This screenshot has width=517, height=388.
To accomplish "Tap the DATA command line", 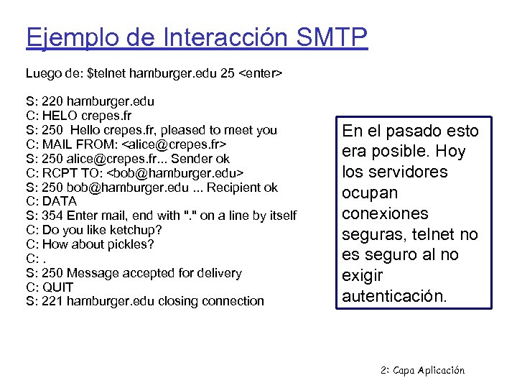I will [59, 202].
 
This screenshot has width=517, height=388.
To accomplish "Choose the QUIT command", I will [57, 287].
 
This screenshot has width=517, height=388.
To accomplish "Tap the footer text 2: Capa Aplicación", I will [422, 371].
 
